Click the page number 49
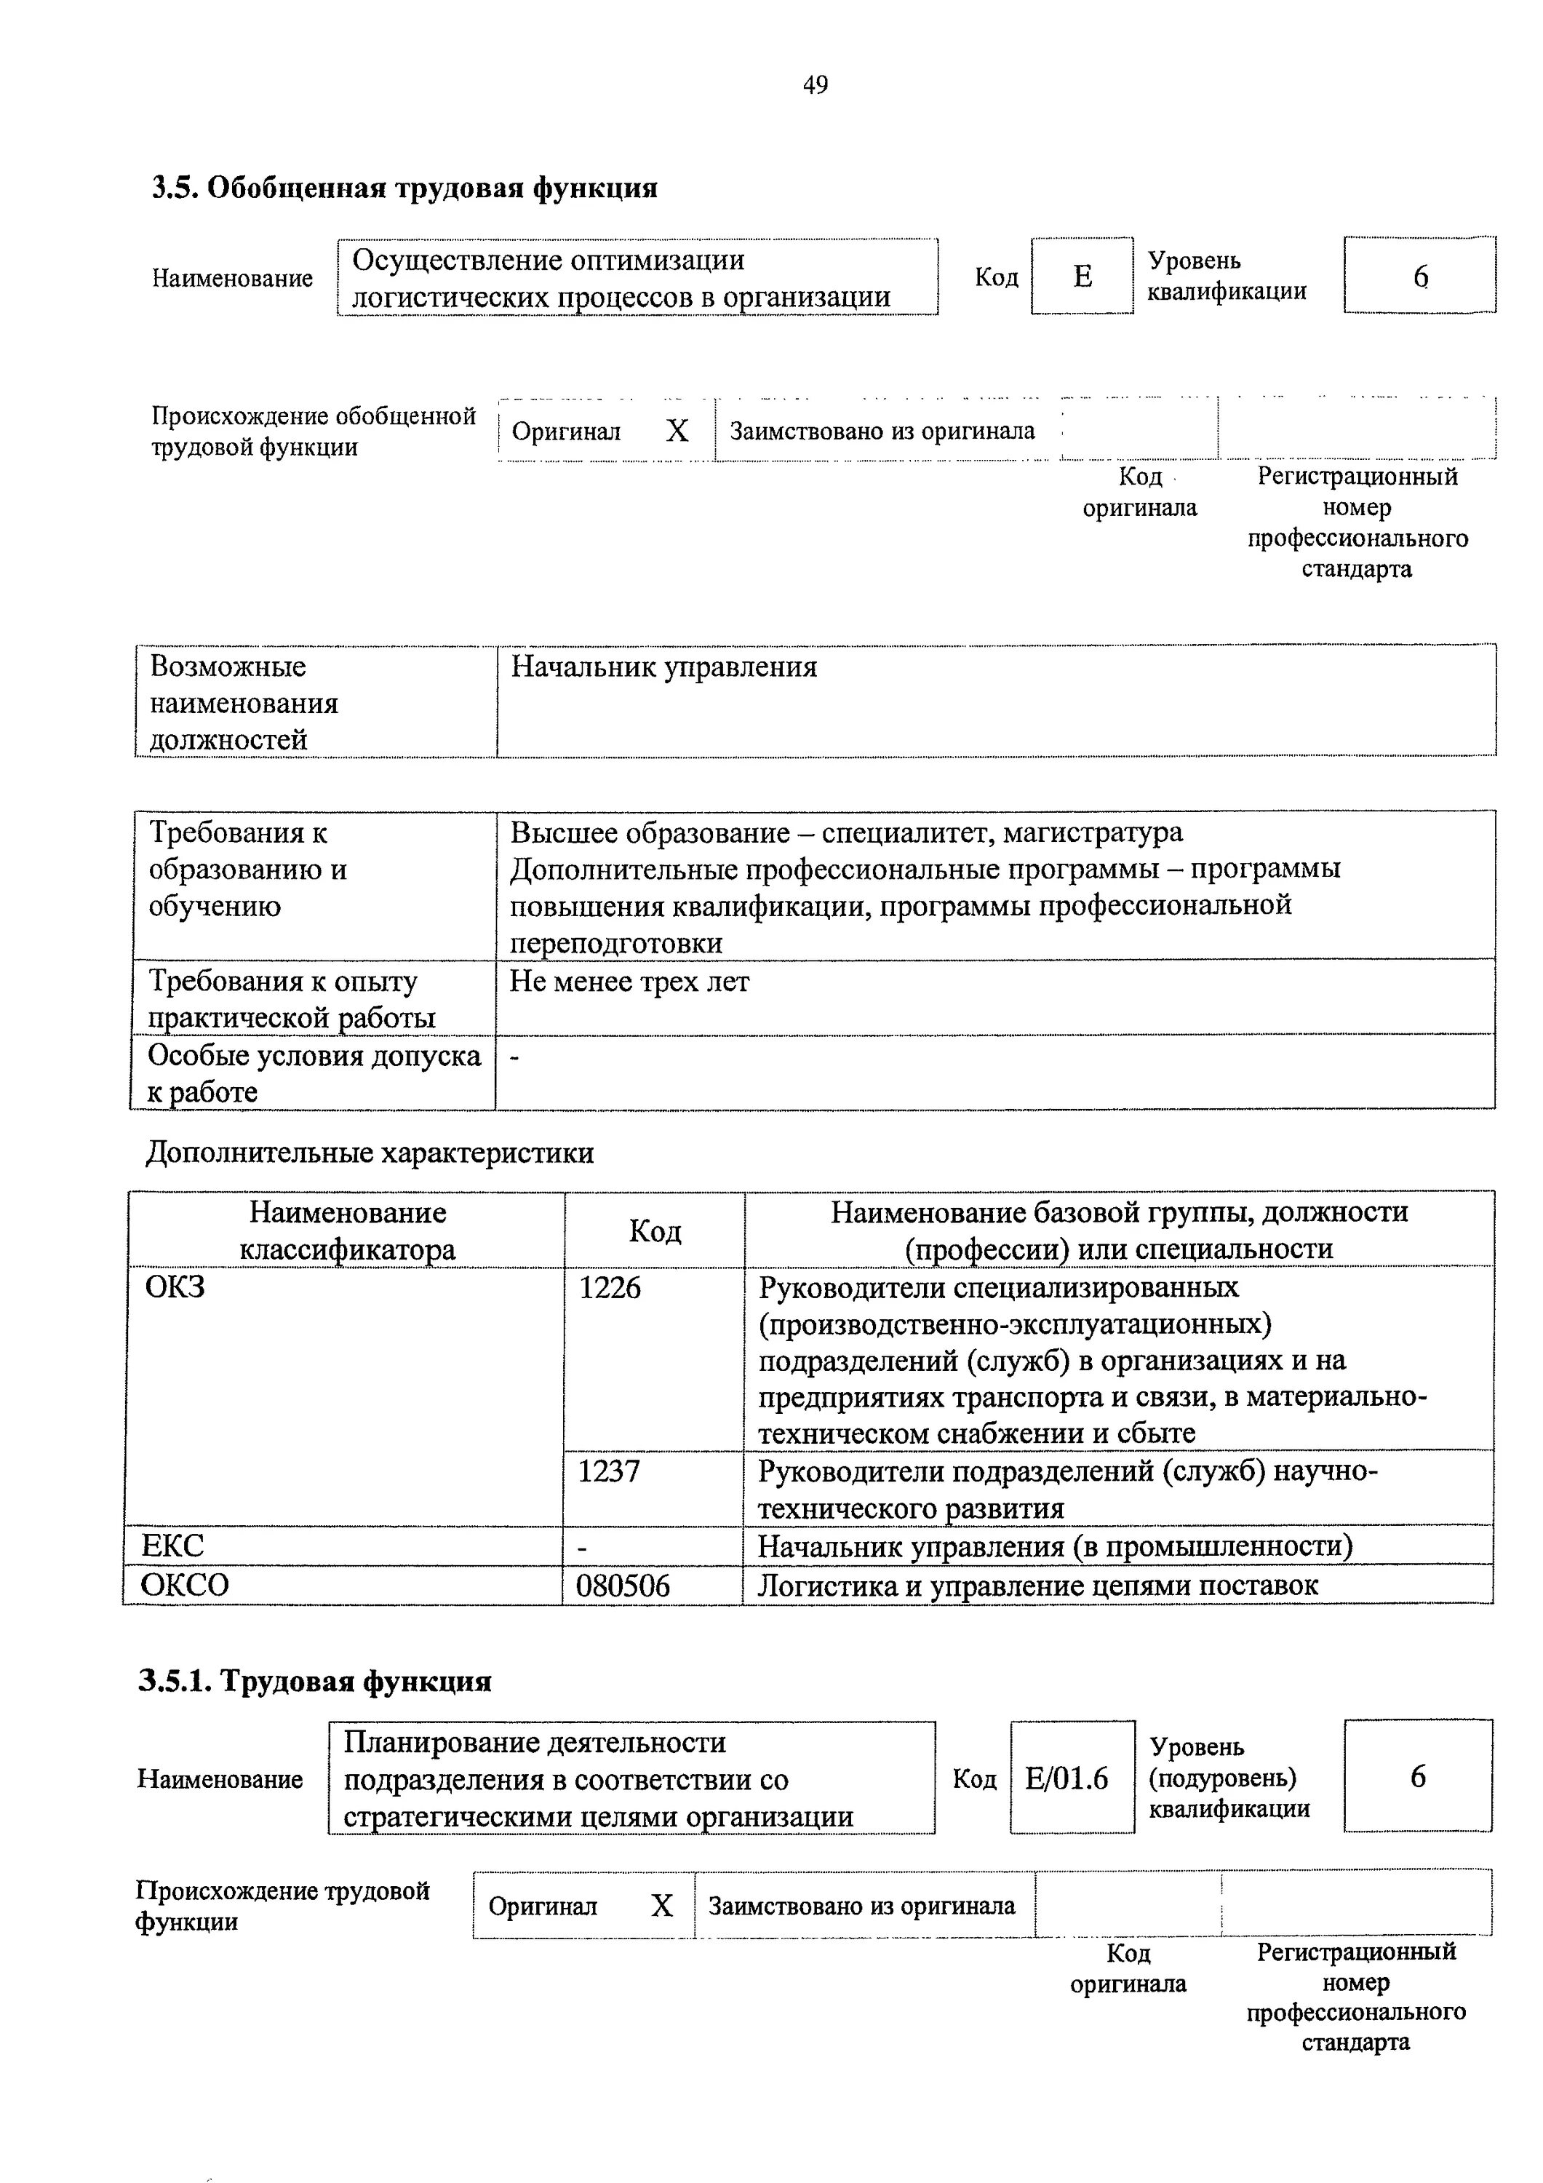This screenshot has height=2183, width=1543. click(815, 86)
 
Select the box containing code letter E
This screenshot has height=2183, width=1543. click(1082, 277)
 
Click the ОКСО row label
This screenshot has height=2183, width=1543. click(186, 1585)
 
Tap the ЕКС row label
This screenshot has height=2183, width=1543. click(173, 1546)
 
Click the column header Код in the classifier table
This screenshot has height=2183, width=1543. click(654, 1231)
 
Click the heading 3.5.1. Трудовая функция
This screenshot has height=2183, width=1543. click(315, 1682)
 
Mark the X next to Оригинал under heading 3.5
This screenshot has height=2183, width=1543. click(677, 432)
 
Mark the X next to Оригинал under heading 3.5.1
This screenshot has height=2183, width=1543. click(662, 1905)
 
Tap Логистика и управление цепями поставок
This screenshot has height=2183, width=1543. click(1037, 1586)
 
